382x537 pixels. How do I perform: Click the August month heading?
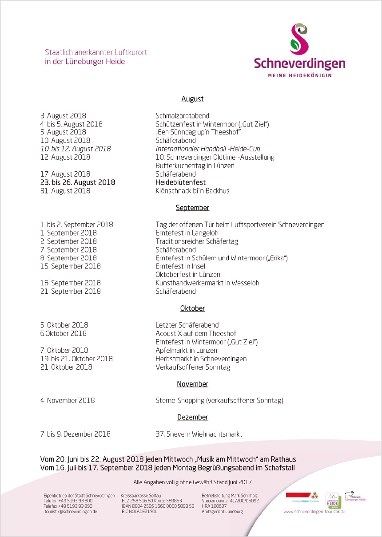(x=192, y=99)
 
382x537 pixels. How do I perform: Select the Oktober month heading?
(x=192, y=308)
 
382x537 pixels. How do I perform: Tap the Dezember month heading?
(x=192, y=417)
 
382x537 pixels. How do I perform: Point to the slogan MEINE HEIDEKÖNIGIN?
(x=299, y=75)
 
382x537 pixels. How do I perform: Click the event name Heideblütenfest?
(x=180, y=182)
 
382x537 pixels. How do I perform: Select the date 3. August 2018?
(x=63, y=116)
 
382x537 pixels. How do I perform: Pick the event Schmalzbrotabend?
(x=182, y=116)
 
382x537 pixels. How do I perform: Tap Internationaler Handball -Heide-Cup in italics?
(x=207, y=149)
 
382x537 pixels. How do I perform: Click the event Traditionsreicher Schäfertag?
(x=196, y=241)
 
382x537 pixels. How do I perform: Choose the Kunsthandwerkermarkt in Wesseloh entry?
(x=207, y=283)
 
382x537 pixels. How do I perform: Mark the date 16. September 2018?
(x=70, y=283)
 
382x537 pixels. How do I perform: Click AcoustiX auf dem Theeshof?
(x=195, y=334)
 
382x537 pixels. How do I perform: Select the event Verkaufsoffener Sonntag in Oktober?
(x=192, y=367)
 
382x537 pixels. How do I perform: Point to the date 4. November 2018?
(x=67, y=401)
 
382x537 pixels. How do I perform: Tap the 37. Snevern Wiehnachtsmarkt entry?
(x=199, y=434)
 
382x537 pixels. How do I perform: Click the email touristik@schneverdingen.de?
(x=71, y=512)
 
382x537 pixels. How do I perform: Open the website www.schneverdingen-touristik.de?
(x=314, y=512)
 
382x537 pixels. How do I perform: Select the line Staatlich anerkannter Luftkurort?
(x=96, y=52)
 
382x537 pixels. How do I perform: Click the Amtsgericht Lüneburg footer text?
(x=222, y=512)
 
